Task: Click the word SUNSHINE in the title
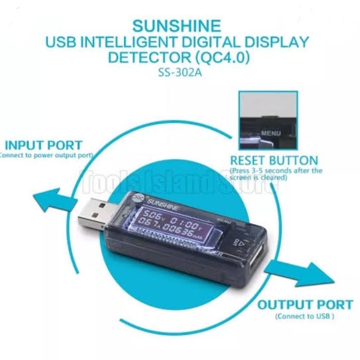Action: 180,25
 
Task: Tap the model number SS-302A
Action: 180,72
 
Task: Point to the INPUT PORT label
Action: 43,145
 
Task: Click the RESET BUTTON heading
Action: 274,160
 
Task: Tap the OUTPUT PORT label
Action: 305,305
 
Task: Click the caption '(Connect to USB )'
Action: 305,316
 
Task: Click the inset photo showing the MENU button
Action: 268,120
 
